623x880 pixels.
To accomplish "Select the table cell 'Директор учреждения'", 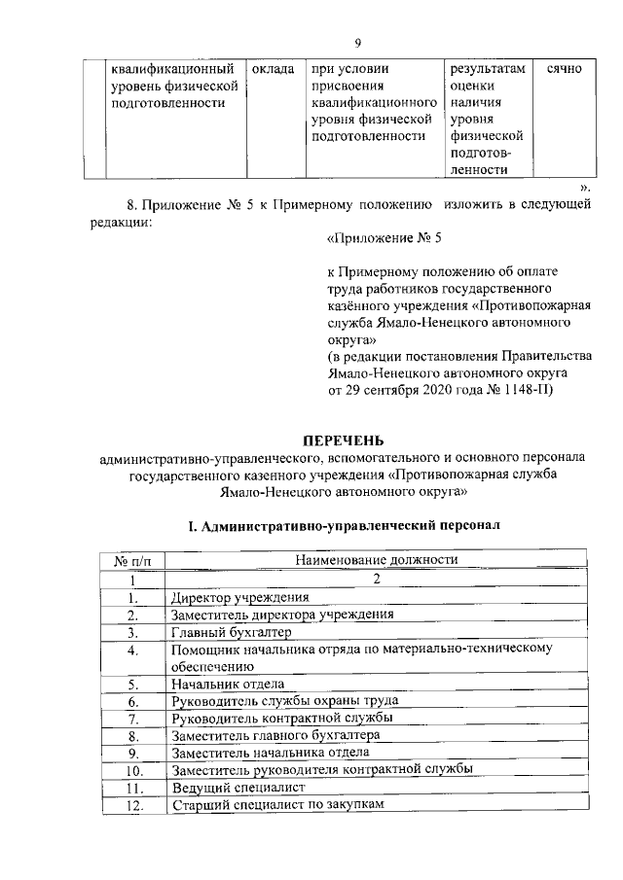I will coord(239,597).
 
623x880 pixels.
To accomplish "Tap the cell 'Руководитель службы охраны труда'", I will coord(284,700).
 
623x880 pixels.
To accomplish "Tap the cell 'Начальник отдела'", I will coord(230,684).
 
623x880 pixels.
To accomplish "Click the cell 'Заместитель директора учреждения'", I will coord(282,615).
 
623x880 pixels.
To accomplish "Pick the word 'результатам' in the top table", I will coord(487,70).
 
